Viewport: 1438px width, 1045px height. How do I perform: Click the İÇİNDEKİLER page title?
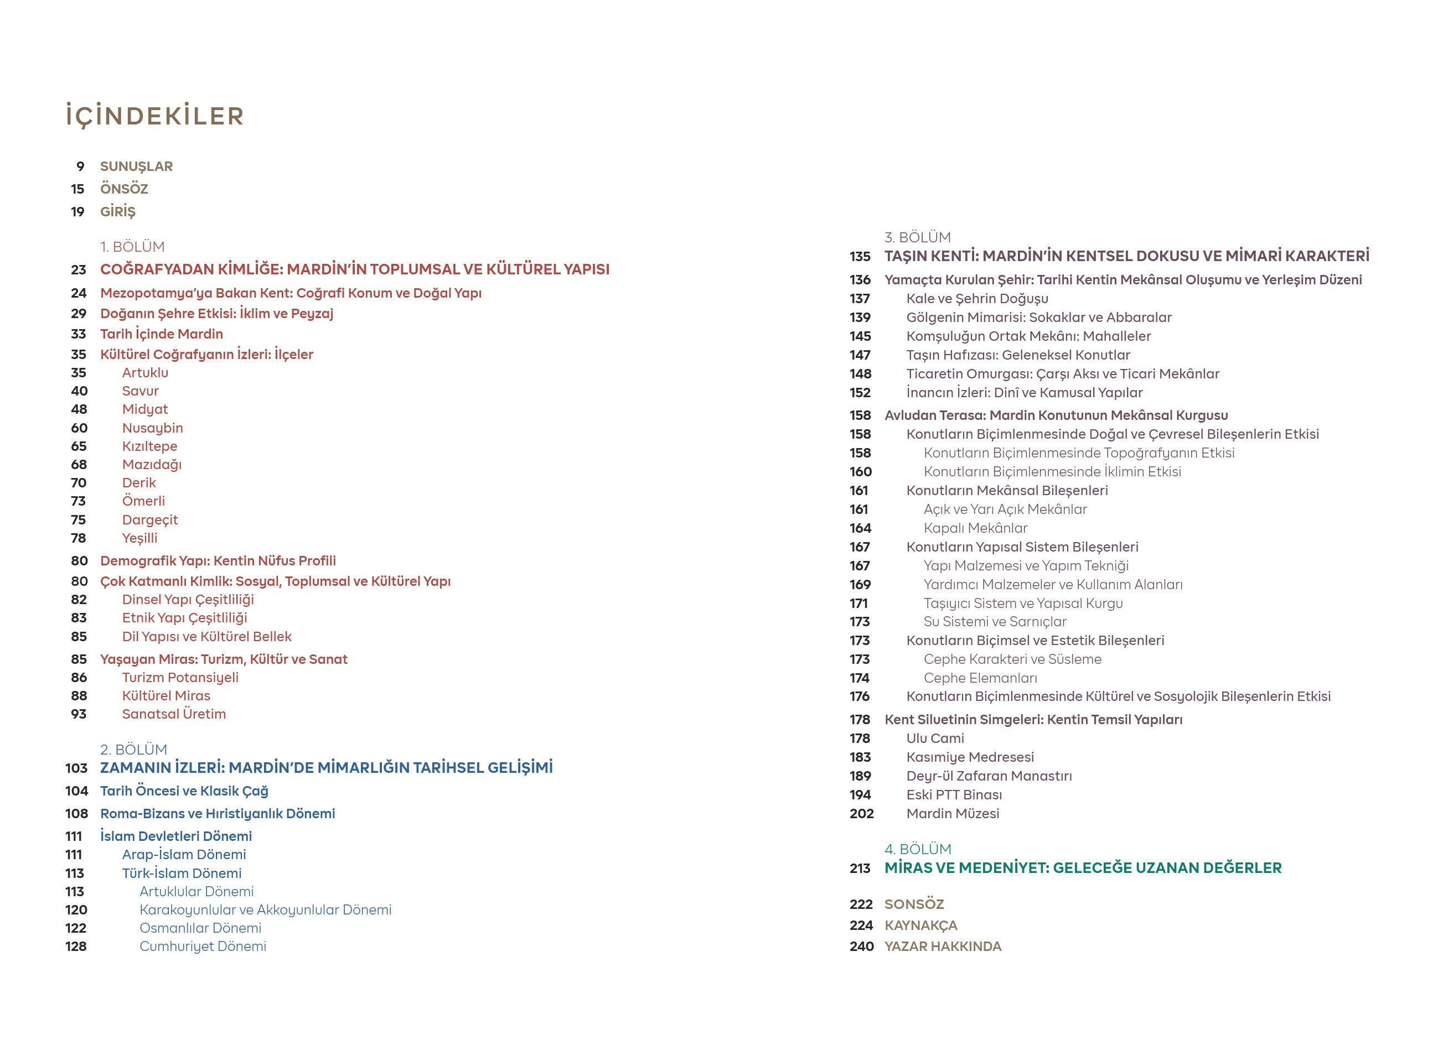[x=155, y=117]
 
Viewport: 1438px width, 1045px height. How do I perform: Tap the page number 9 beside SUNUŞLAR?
[x=80, y=167]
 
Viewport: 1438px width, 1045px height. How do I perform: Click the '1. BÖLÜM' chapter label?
[x=132, y=247]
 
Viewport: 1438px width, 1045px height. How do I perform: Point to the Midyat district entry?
[x=144, y=409]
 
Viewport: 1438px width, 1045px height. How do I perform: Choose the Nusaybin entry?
[x=152, y=428]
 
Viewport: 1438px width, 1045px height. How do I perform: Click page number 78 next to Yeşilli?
[x=78, y=538]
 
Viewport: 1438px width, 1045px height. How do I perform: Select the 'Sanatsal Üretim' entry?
[x=174, y=714]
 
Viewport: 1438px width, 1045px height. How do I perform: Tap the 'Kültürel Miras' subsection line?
[x=166, y=695]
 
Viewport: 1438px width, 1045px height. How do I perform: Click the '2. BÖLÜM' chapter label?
[x=133, y=749]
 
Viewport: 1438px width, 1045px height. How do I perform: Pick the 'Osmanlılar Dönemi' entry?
[x=200, y=928]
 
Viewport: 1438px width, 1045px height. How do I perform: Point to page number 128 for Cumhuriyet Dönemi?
[x=75, y=946]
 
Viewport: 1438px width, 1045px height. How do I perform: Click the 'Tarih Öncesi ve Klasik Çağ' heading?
[x=184, y=791]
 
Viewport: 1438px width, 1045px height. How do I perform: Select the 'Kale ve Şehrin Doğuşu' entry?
[x=977, y=299]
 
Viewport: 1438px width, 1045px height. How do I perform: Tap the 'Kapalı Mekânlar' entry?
[x=975, y=528]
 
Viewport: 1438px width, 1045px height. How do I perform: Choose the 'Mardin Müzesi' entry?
[x=953, y=813]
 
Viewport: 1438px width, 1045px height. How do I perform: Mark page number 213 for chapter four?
[x=860, y=868]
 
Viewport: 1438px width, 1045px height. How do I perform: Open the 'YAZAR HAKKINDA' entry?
[x=943, y=946]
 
